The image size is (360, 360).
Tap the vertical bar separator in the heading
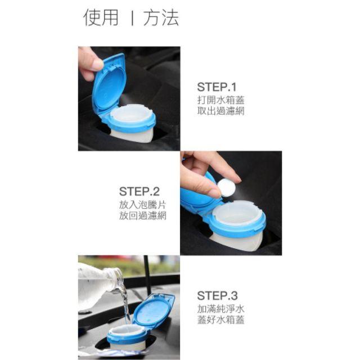point(131,18)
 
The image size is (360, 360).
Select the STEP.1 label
point(217,87)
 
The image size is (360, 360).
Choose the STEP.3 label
point(217,295)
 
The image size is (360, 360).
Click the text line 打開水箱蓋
point(220,100)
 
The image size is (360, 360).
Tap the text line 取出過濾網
point(220,111)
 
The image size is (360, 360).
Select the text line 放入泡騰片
point(142,204)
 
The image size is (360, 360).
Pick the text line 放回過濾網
point(142,215)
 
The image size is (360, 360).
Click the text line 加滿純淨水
point(220,308)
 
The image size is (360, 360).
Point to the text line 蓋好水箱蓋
point(220,319)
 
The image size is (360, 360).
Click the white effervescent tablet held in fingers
point(227,187)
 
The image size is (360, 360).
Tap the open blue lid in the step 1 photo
point(110,84)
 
